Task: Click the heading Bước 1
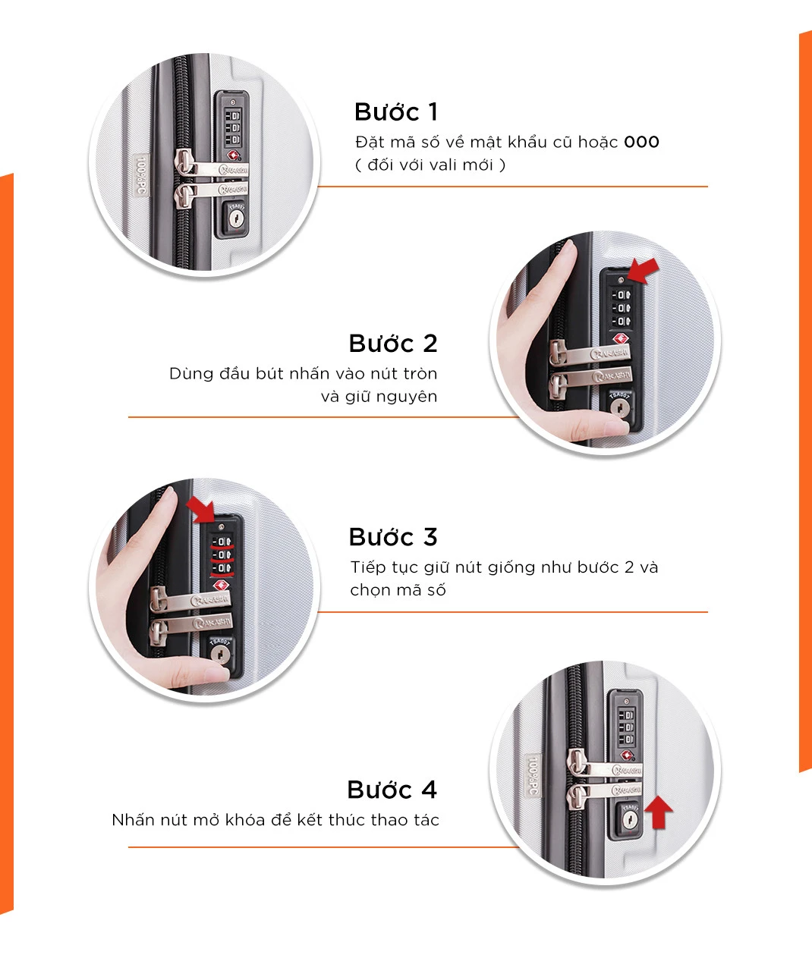pyautogui.click(x=396, y=112)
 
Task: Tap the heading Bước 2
pyautogui.click(x=393, y=343)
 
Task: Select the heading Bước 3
pyautogui.click(x=393, y=536)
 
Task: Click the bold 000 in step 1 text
pyautogui.click(x=641, y=142)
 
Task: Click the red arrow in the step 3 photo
pyautogui.click(x=200, y=510)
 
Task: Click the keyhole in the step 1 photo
pyautogui.click(x=235, y=218)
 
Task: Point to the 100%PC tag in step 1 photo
pyautogui.click(x=141, y=181)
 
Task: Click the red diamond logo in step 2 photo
pyautogui.click(x=621, y=338)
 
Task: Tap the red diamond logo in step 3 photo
pyautogui.click(x=221, y=586)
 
